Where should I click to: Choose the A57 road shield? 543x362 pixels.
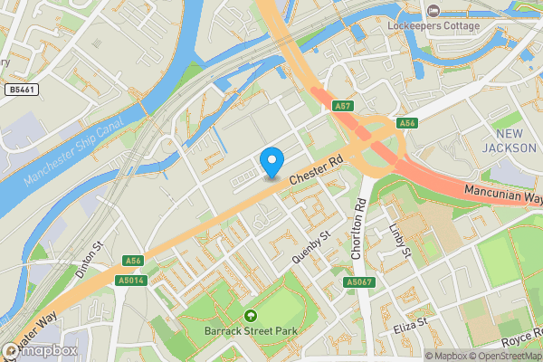pos(342,106)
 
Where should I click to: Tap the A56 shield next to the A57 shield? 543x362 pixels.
pos(407,122)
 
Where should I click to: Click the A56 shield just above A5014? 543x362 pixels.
pos(134,261)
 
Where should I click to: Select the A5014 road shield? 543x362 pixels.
pos(131,281)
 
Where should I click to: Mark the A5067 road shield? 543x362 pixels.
pos(358,283)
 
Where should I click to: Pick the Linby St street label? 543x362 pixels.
pos(398,239)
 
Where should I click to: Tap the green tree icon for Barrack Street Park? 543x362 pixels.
pos(251,315)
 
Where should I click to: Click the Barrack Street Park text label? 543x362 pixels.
pos(251,331)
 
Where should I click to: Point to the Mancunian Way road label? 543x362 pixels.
pos(502,193)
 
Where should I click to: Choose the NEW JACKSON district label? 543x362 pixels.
pos(503,140)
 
